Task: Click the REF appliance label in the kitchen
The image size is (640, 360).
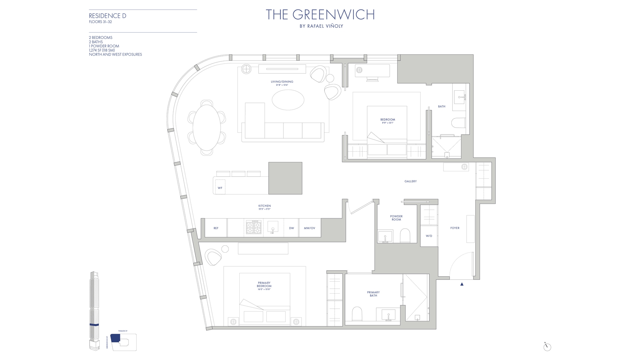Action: pos(216,228)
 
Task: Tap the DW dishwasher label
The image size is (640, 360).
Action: pos(291,228)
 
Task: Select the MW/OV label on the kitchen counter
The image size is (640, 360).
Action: pos(309,228)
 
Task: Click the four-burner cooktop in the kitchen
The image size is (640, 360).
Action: pos(253,228)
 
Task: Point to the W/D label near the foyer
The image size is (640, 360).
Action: pos(429,236)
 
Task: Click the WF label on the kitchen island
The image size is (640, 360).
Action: pos(220,188)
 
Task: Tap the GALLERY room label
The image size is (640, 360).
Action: pos(411,181)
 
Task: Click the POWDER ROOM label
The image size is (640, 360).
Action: pos(396,218)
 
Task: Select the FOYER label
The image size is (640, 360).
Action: pos(455,228)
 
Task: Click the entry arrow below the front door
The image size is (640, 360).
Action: pos(462,284)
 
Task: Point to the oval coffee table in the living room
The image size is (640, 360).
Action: pos(288,100)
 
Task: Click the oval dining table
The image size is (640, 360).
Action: pos(207,128)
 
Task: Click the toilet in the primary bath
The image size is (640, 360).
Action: pos(357,314)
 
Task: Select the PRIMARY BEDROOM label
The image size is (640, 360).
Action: pos(264,284)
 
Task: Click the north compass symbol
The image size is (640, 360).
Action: pos(547,347)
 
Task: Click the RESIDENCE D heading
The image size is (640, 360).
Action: pos(107,16)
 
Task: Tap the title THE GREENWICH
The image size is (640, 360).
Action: pos(320,15)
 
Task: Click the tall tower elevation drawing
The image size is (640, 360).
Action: pos(94,310)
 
